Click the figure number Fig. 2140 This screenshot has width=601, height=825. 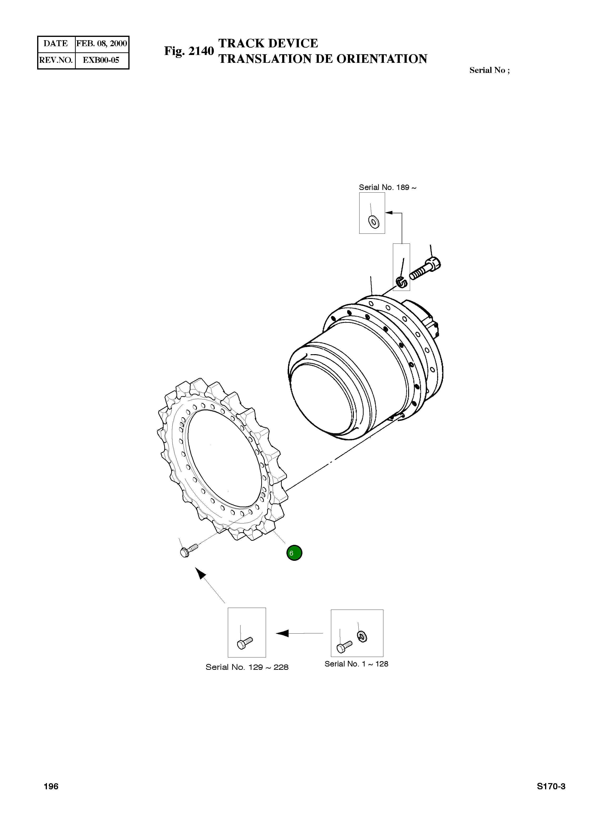189,51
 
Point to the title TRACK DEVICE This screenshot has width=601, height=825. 268,43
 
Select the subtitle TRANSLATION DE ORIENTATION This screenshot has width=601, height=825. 323,59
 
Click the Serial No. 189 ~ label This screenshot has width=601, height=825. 387,187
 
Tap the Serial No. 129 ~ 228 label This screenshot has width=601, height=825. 247,667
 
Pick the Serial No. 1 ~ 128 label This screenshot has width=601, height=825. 356,664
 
